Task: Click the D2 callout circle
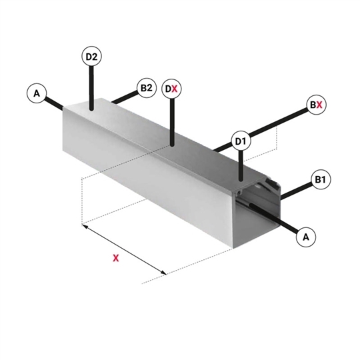(x=91, y=57)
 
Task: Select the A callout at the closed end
(x=37, y=93)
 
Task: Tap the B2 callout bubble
(x=147, y=88)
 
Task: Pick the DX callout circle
(x=172, y=89)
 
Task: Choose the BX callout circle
(x=317, y=105)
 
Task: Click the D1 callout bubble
(x=241, y=141)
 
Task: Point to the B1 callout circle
(x=321, y=179)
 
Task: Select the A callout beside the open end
(x=306, y=237)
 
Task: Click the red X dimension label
(x=116, y=258)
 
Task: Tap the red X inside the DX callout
(x=175, y=89)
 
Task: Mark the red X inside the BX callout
(x=319, y=105)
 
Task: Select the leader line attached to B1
(x=297, y=191)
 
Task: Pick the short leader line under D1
(x=241, y=166)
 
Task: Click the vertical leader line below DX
(x=172, y=122)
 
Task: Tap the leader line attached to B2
(x=125, y=97)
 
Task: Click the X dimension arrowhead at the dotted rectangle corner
(x=85, y=227)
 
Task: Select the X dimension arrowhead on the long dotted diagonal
(x=163, y=273)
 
